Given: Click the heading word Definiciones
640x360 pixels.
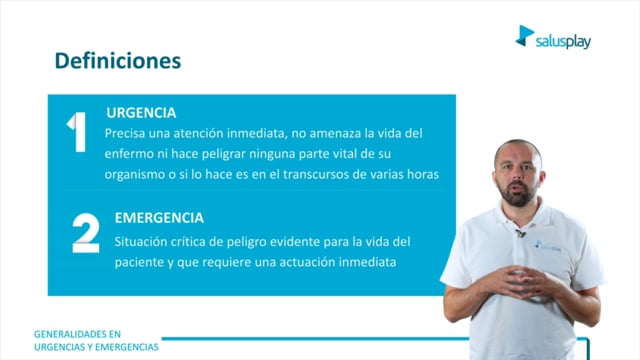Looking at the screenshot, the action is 118,61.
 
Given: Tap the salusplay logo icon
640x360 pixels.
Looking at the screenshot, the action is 524,36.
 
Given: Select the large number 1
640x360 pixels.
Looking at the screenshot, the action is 77,132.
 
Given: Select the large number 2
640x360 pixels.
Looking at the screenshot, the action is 86,233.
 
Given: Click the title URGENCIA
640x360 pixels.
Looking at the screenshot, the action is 141,113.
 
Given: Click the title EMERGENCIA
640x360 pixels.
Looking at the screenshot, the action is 159,218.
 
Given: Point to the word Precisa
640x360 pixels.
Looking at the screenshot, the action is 124,133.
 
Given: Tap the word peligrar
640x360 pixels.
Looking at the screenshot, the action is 224,154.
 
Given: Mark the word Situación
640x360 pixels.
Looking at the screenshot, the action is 137,242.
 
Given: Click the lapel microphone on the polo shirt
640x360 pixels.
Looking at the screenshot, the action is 520,233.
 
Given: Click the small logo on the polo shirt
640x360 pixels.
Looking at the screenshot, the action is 548,246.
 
